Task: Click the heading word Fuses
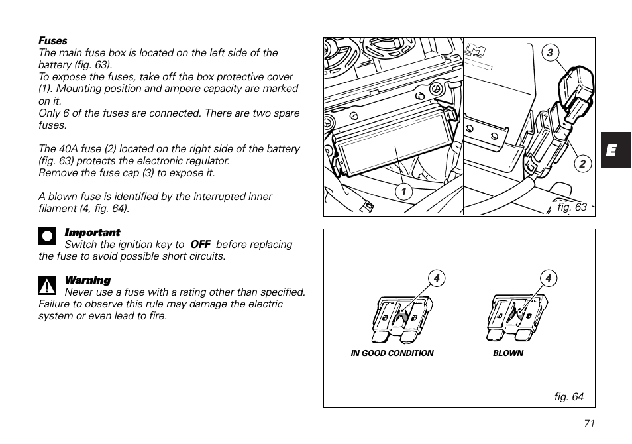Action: coord(53,41)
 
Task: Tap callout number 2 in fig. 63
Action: coord(582,164)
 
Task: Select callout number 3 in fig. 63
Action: coord(549,53)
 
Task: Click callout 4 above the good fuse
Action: coord(437,278)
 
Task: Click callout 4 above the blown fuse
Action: coord(549,278)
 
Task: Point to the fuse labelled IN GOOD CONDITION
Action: coord(402,317)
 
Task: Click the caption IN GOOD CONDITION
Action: coord(392,353)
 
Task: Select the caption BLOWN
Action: coord(508,353)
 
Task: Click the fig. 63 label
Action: coord(572,207)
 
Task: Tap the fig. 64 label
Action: coord(569,397)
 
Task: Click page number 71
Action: coord(590,425)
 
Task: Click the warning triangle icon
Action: coord(47,286)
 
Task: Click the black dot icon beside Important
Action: coord(47,237)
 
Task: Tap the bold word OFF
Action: coord(200,245)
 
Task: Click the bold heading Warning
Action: coord(87,280)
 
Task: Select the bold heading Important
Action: coord(92,233)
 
